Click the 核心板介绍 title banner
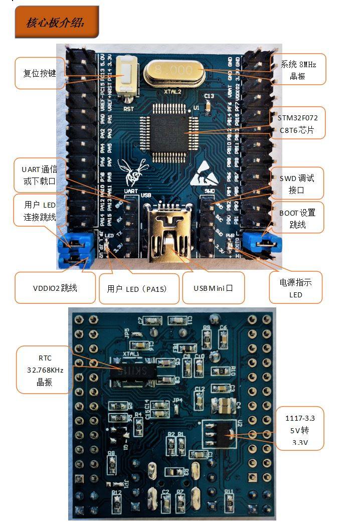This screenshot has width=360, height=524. coord(56,22)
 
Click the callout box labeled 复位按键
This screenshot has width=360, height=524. coord(39,73)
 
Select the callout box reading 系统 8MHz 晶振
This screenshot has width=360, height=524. coord(299,70)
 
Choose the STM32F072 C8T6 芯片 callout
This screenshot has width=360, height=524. coord(298,123)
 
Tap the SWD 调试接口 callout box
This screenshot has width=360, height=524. coord(297,184)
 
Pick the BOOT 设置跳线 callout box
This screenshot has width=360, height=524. coord(297,219)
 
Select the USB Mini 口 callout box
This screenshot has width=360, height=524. coord(213,288)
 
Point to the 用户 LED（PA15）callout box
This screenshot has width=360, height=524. coord(139,288)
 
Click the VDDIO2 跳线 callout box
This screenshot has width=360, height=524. coord(55,288)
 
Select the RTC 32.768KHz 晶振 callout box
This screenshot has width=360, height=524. coord(44,370)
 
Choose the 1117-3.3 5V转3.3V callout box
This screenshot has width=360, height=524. coord(300,429)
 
